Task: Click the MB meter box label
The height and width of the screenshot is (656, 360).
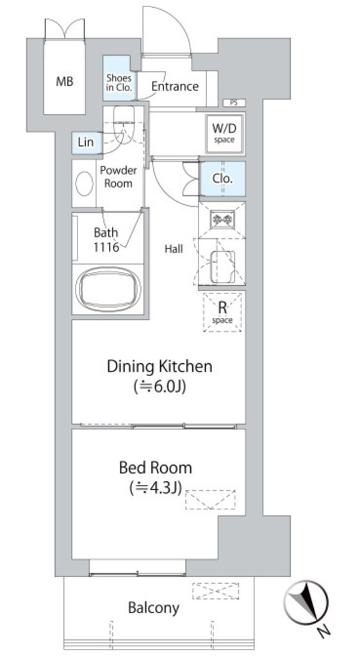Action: tap(65, 81)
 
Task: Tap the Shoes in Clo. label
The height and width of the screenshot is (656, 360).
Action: tap(119, 83)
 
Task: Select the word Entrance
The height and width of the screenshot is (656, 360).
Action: tap(175, 86)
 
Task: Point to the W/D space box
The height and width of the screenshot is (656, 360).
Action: tap(225, 133)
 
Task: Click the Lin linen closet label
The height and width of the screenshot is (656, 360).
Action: tap(86, 142)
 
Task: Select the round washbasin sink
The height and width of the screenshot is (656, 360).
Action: tap(84, 183)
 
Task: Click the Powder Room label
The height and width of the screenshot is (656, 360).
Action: tap(119, 177)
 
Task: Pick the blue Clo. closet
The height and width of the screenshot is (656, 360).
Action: tap(222, 179)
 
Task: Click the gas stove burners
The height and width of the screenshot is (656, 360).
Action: tap(222, 219)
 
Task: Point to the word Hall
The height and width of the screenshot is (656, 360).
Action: tap(174, 249)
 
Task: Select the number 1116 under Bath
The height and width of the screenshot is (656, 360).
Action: tap(106, 247)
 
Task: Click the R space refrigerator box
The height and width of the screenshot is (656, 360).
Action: tap(222, 313)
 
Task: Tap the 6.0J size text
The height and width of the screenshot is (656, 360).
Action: tap(160, 386)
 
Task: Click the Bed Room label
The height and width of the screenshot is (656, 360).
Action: tap(156, 467)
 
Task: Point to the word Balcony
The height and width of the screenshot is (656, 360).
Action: tap(154, 607)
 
